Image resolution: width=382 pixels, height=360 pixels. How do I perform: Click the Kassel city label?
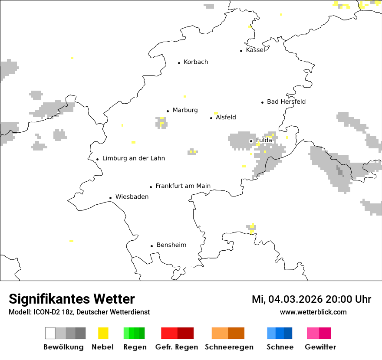(255, 50)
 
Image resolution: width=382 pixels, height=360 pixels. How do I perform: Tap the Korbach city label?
(196, 62)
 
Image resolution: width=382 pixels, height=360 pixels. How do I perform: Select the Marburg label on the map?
(185, 110)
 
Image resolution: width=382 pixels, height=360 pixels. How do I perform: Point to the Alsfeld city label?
(226, 117)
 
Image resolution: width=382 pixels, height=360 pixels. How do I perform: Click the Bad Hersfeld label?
(286, 101)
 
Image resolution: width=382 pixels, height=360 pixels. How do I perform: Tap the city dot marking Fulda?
(251, 141)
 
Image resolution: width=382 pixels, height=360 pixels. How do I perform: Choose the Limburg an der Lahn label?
(133, 158)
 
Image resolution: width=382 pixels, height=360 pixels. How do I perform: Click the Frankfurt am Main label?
(183, 186)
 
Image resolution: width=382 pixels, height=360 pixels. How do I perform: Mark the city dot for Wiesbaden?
(111, 198)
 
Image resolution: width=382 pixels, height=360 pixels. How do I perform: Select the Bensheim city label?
(171, 245)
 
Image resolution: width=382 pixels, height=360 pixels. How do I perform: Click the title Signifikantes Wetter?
(72, 299)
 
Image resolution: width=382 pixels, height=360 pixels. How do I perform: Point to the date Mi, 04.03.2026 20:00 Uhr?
(311, 299)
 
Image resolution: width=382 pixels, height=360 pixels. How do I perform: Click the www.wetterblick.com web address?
(313, 312)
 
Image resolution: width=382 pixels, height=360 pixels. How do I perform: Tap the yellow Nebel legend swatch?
(103, 333)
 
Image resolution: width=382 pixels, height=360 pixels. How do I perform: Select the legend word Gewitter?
(320, 347)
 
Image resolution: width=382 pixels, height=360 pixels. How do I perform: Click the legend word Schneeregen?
(229, 347)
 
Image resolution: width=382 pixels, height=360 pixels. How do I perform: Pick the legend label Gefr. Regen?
(177, 347)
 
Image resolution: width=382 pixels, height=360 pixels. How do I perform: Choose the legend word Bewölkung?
(63, 347)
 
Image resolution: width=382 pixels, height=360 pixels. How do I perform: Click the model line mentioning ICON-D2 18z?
(79, 312)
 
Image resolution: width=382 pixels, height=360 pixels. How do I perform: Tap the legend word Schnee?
(280, 347)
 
